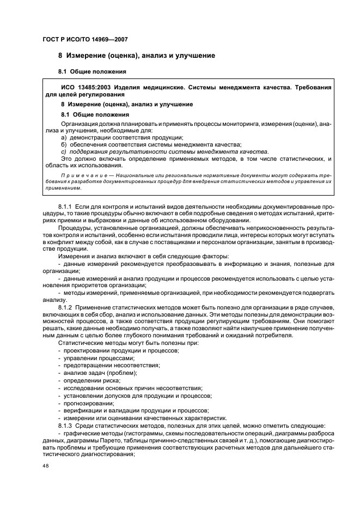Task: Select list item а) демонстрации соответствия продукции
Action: [x=122, y=137]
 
